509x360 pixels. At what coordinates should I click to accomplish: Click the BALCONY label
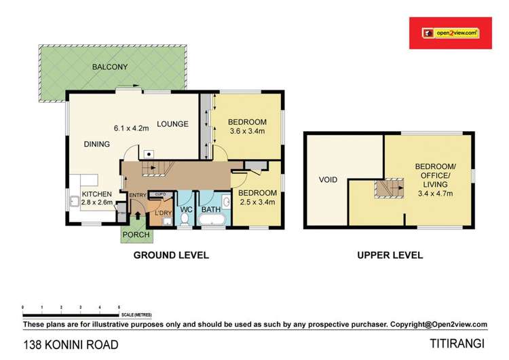(111, 67)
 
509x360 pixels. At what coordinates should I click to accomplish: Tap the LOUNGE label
(172, 124)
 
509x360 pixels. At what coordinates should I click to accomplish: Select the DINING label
(97, 144)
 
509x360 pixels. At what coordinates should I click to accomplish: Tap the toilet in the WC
(183, 220)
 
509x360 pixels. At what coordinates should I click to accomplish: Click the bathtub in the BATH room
(211, 221)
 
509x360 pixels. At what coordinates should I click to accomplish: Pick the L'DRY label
(163, 214)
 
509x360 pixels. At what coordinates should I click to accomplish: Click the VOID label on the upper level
(328, 181)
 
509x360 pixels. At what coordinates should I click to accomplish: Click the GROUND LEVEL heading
(170, 255)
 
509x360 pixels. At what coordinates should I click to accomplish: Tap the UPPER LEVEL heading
(390, 255)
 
